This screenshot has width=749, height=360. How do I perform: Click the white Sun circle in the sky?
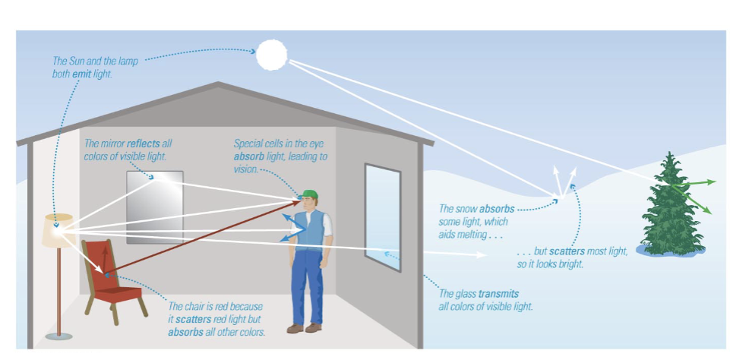tap(272, 55)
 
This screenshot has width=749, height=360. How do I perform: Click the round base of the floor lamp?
tap(64, 336)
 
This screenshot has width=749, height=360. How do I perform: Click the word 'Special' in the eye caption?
tap(248, 144)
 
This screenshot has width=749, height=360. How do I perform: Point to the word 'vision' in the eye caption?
tap(247, 169)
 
